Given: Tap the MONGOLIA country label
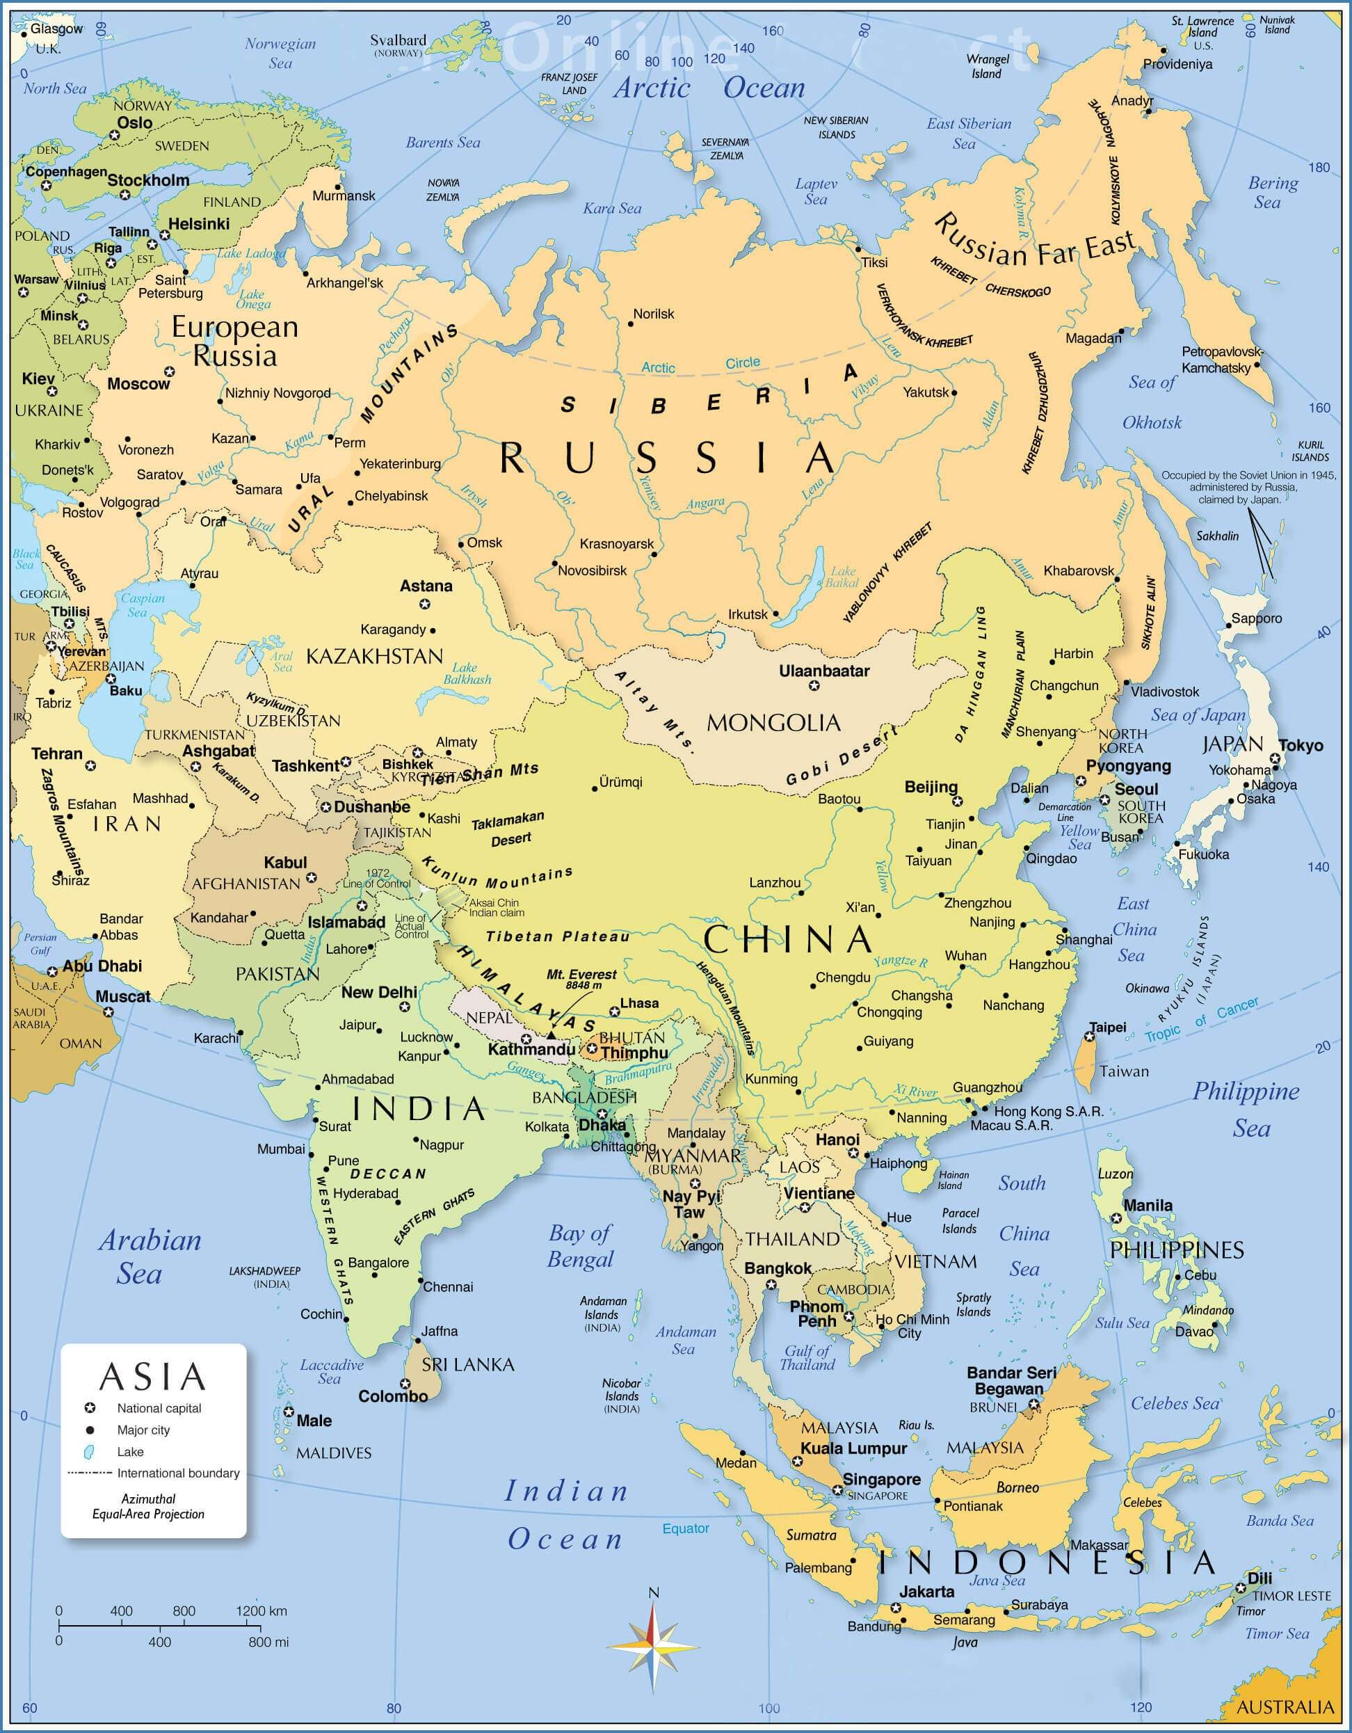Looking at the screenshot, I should point(773,723).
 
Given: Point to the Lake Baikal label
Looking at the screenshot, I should point(842,577).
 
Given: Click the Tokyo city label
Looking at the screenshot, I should point(1301,745).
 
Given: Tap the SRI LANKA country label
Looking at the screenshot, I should point(468,1365).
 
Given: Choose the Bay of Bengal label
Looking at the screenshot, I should point(581,1247).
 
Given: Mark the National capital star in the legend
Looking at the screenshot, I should point(90,1409).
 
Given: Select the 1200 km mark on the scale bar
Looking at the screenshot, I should point(261,1611).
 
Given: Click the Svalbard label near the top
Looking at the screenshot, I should point(399,40).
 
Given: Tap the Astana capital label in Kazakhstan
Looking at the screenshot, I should point(426,586).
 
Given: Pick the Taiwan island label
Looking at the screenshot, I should point(1123,1072).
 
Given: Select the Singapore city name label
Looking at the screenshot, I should point(881,1479).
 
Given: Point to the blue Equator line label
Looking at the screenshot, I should point(686,1528).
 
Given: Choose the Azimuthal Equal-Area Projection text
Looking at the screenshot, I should point(148,1507).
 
